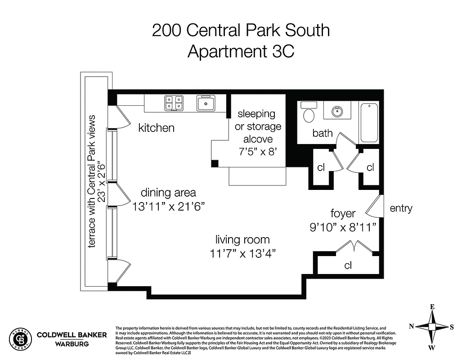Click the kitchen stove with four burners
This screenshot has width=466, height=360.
174,103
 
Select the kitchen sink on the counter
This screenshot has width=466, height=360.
206,103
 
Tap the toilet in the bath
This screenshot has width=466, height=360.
309,113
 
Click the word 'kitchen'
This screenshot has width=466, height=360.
156,128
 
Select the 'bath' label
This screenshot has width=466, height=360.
323,133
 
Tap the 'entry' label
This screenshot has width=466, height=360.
401,208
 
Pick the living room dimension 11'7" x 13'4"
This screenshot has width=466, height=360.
242,253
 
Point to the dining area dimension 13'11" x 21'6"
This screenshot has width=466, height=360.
168,207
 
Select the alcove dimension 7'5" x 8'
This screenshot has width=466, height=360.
258,152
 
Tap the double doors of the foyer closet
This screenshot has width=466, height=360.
356,247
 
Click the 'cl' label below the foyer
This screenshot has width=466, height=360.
348,265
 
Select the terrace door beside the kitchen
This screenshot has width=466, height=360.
120,117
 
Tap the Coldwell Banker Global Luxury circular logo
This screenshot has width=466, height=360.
20,338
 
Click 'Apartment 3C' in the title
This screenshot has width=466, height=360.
241,51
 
